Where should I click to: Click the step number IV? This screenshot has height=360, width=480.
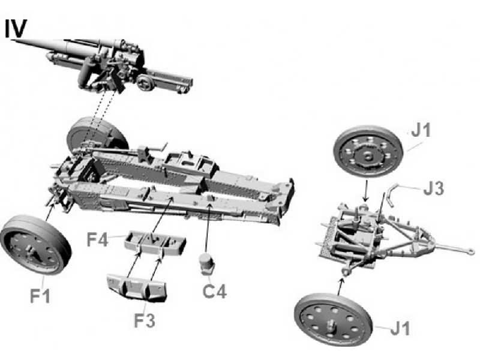pyautogui.click(x=16, y=29)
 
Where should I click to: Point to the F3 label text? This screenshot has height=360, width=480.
pyautogui.click(x=145, y=320)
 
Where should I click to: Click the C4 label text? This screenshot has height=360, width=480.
pyautogui.click(x=214, y=292)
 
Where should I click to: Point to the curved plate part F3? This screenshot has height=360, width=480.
pyautogui.click(x=137, y=286)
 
